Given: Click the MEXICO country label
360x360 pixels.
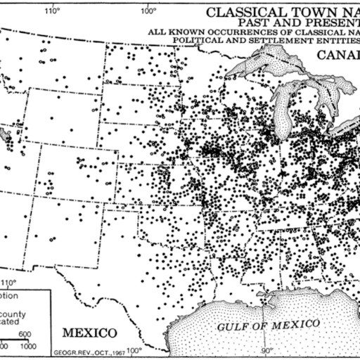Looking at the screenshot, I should pos(89,331).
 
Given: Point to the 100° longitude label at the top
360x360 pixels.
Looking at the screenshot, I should pos(148,11).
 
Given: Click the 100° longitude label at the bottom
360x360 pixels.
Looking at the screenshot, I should pos(134,349).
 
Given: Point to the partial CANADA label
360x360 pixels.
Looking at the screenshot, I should pos(338,55).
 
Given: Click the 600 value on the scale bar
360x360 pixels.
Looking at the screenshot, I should pos(25,335).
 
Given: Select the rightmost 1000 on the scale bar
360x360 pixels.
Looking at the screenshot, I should pos(29,346).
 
